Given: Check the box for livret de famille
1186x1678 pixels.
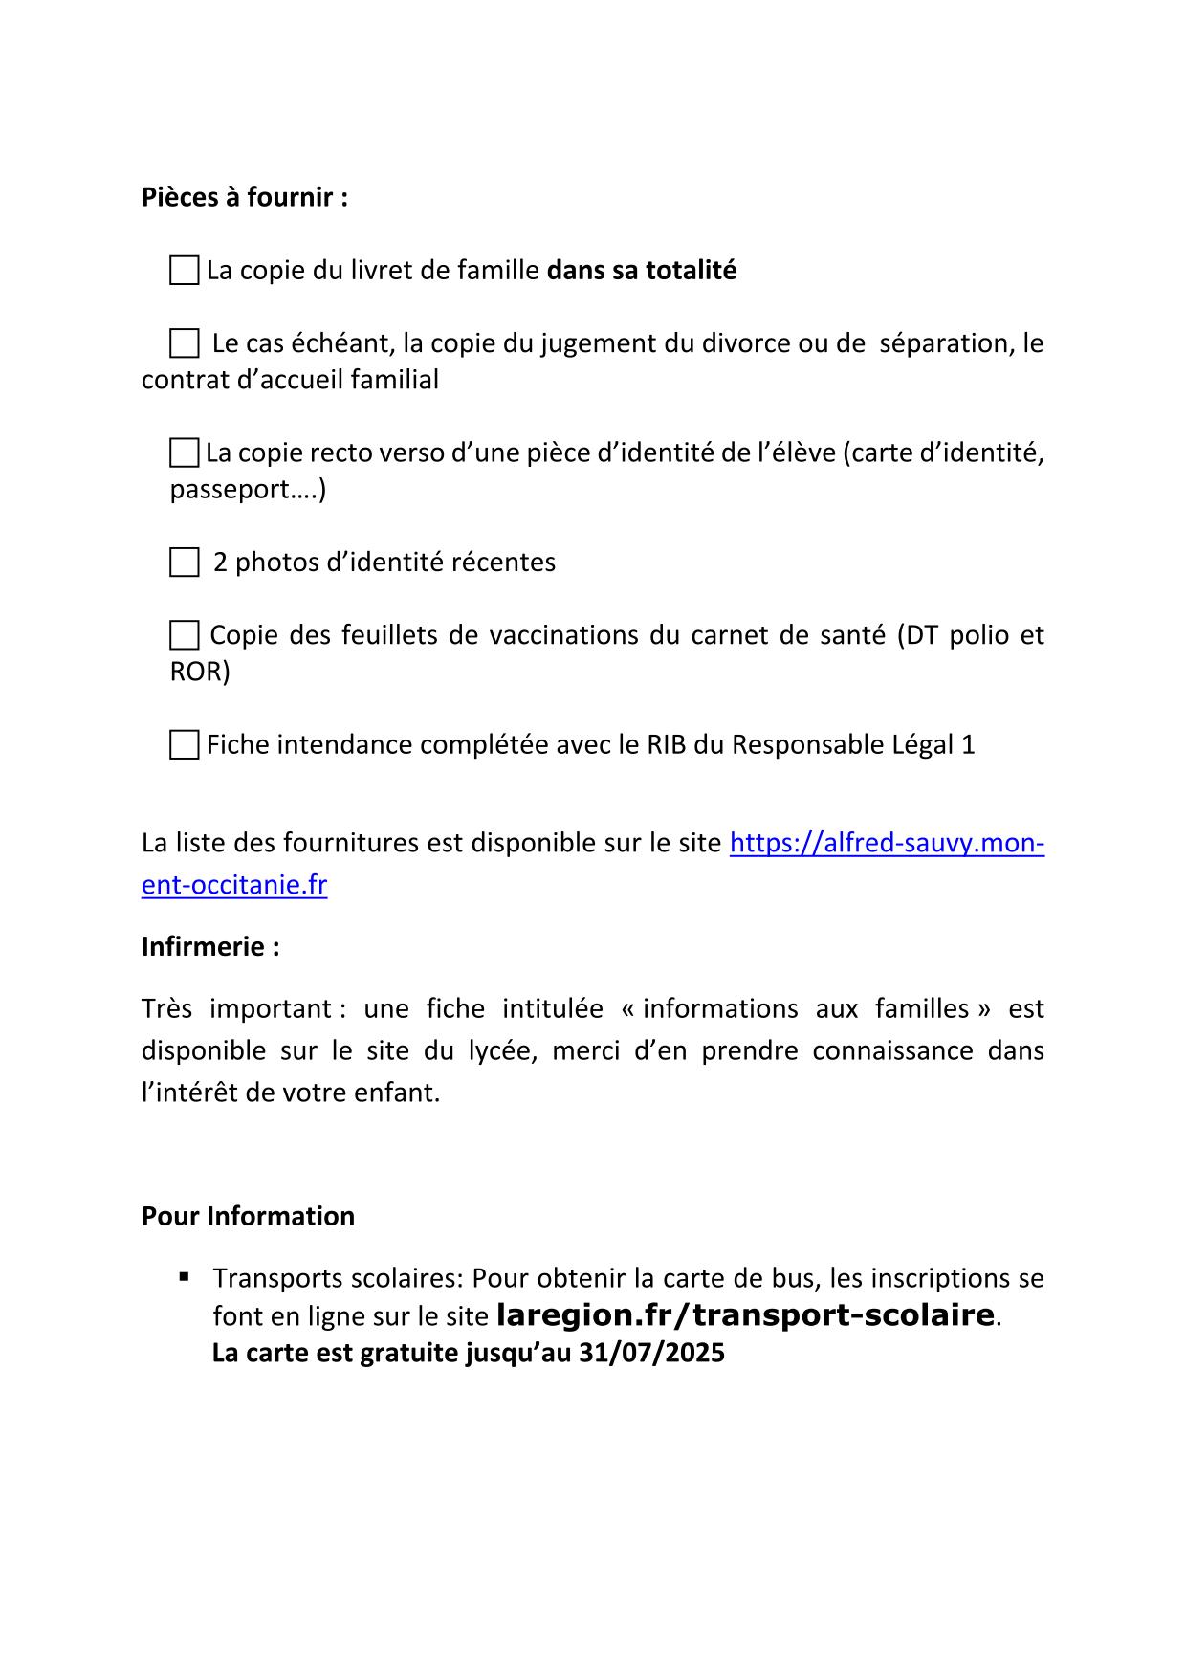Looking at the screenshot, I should coord(184,271).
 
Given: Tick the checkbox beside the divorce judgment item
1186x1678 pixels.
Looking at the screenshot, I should coord(184,343).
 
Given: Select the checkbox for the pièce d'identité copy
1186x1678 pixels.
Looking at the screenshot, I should coord(184,453).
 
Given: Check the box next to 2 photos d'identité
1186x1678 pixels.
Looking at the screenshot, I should coord(184,563).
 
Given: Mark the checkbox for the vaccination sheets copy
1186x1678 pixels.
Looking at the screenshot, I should coord(184,635).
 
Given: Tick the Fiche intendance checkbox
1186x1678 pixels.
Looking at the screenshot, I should coord(184,744).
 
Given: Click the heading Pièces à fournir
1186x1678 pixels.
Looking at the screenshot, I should coord(244,197).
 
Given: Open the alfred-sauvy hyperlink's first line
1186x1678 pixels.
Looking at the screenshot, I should coord(886,843).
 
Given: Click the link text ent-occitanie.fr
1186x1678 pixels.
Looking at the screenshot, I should coord(234,885).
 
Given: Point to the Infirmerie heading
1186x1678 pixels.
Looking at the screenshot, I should coord(210,946).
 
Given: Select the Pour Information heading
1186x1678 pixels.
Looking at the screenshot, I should coord(248,1216).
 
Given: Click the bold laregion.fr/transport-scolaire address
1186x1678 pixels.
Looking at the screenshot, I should coord(746,1315).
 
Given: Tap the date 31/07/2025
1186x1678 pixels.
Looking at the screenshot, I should coord(651,1354).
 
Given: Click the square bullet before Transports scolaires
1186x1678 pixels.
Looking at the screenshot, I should coord(184,1276).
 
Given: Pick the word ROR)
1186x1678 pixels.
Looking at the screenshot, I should coord(200,672).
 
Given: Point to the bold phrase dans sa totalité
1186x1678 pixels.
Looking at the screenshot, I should coord(641,271).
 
